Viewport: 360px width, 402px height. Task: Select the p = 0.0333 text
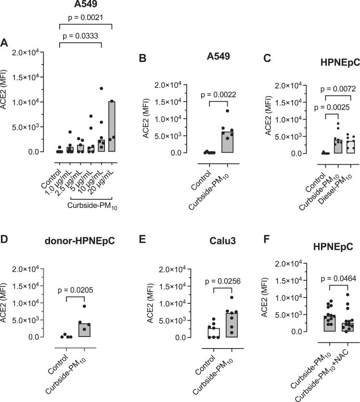(x=79, y=36)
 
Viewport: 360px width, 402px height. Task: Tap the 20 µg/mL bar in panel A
(x=111, y=127)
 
